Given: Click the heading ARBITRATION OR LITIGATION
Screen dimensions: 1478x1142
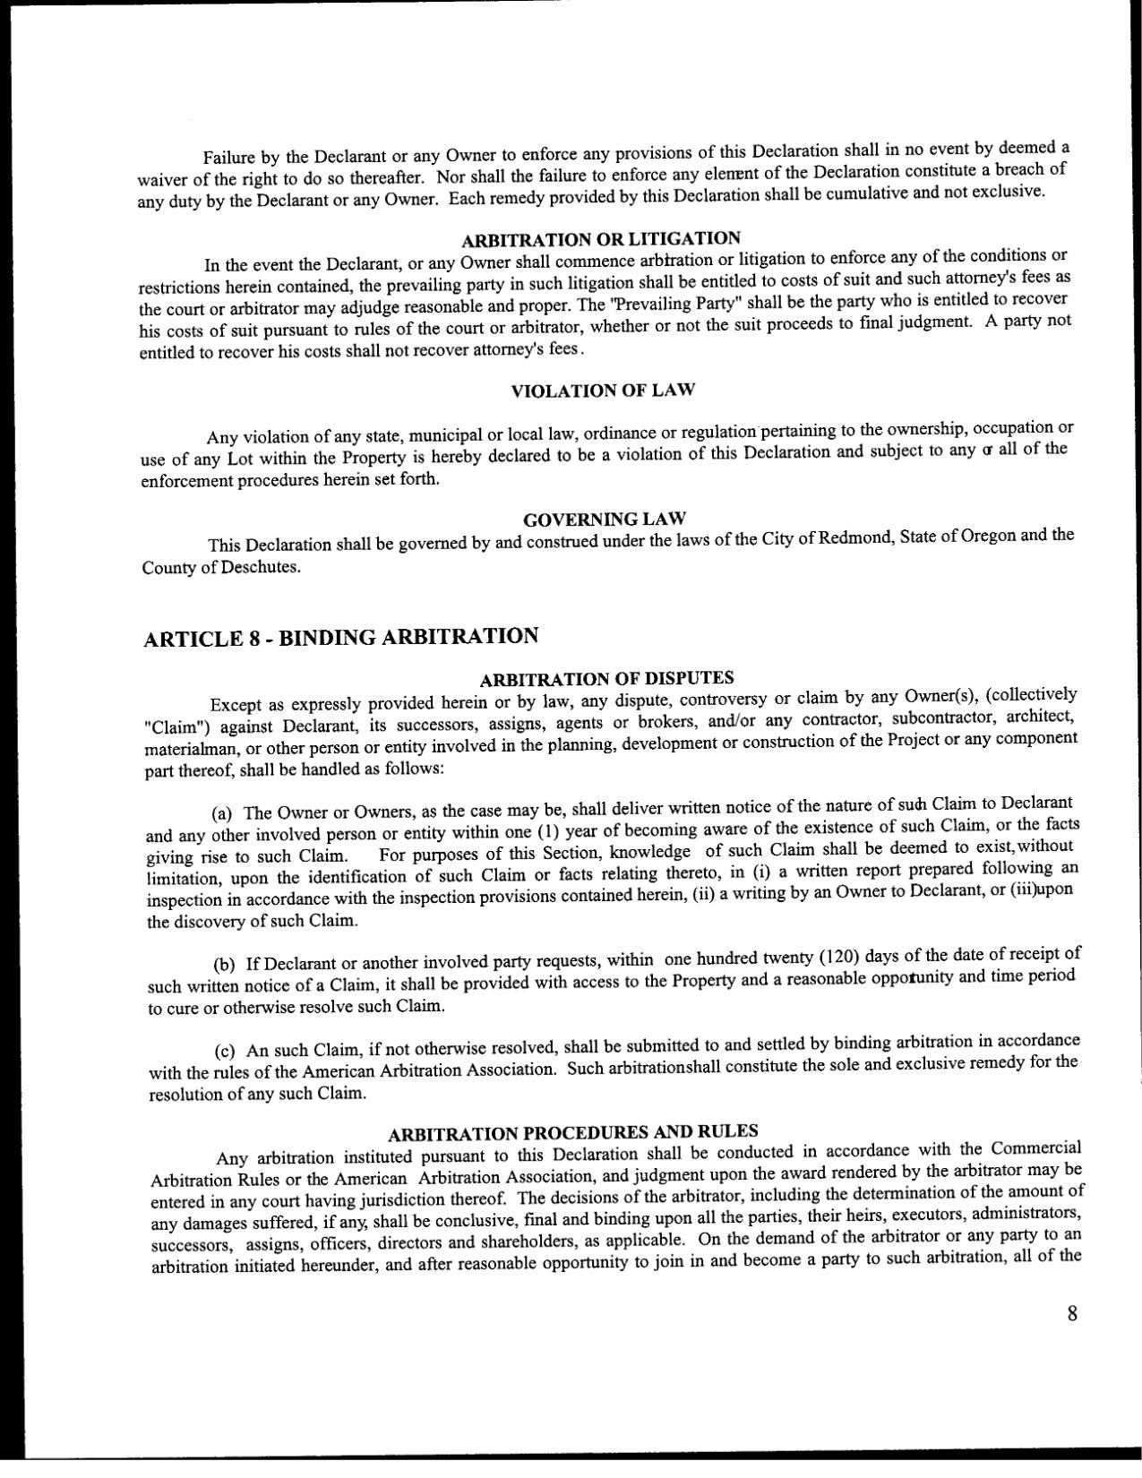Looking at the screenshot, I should click(600, 239).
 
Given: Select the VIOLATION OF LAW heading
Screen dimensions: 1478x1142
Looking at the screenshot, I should click(602, 391).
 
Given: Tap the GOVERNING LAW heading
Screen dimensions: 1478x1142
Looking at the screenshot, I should click(604, 520).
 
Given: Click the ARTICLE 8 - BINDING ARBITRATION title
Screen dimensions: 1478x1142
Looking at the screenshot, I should click(341, 637).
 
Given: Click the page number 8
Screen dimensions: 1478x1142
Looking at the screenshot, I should click(1071, 1314).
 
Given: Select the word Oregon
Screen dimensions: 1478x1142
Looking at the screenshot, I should click(987, 537).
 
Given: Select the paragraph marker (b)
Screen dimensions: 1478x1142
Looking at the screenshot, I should click(224, 965).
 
